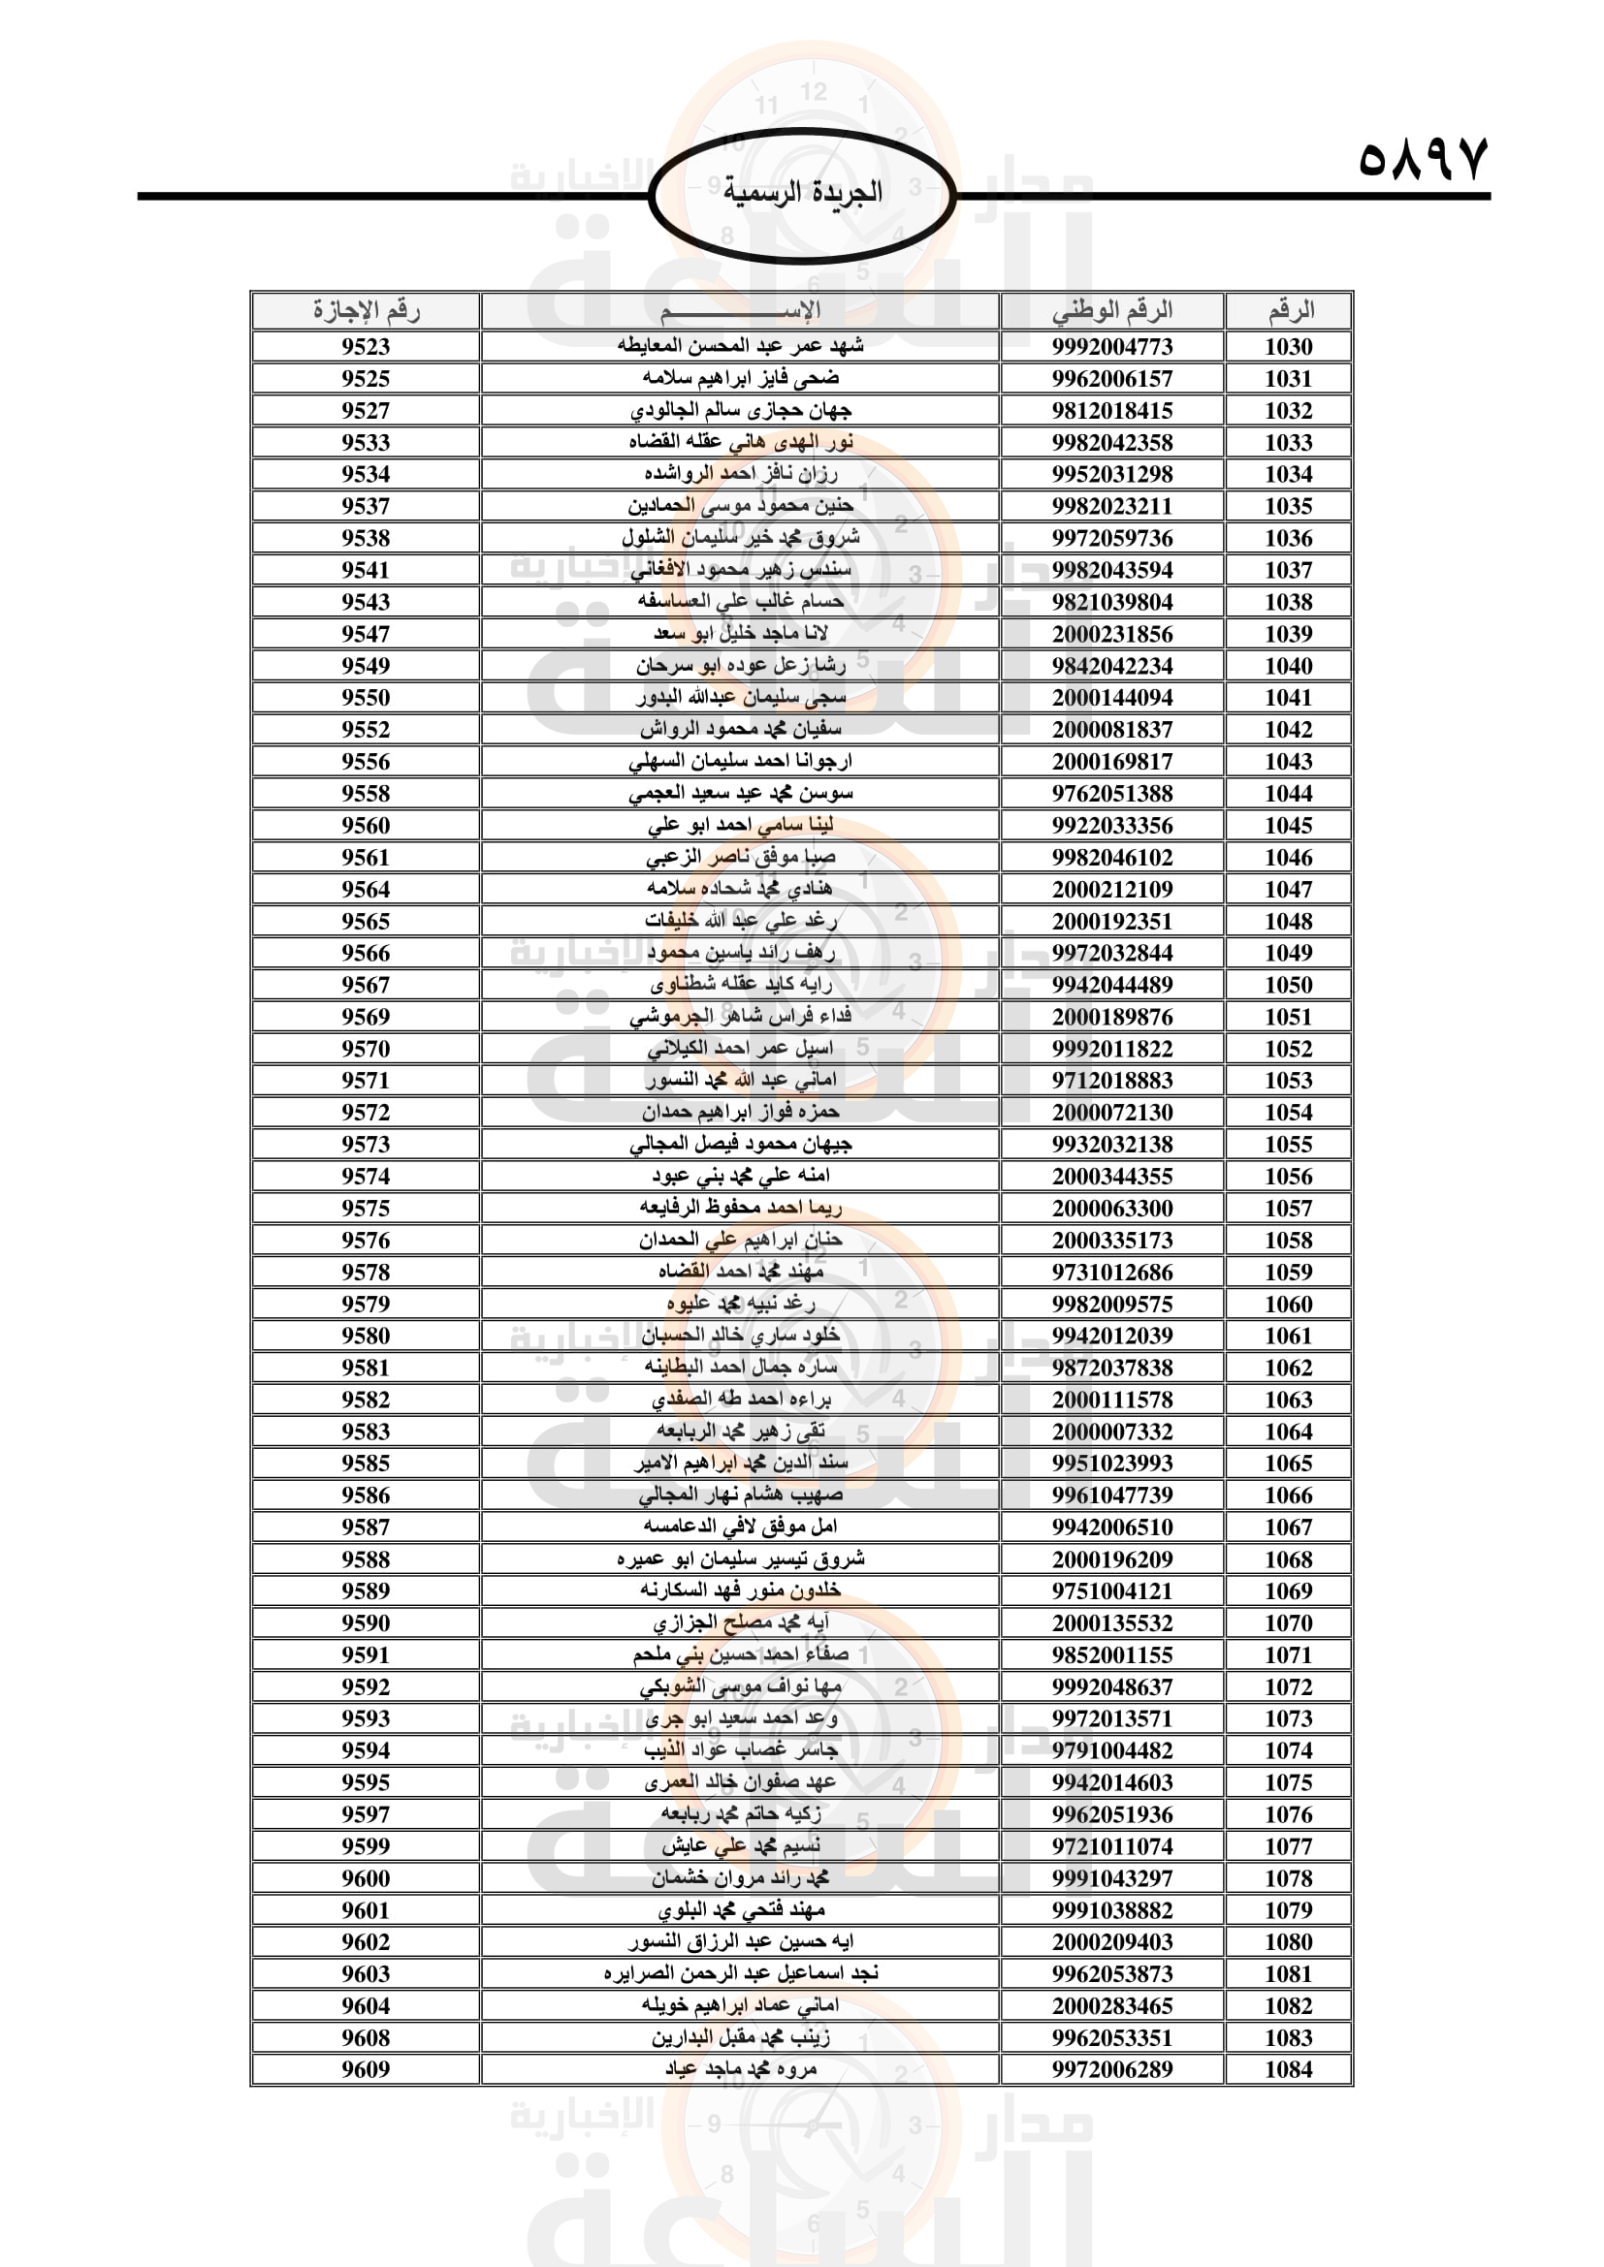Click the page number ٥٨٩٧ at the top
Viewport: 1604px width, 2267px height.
(1423, 158)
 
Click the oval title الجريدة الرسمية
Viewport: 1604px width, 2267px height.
(802, 192)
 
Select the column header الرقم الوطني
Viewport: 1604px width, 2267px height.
(1112, 310)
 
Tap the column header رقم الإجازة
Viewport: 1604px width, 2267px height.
(366, 310)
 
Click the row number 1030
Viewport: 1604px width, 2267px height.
(1288, 347)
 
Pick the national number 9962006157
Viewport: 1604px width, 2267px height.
(1112, 378)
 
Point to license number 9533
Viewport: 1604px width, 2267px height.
(366, 442)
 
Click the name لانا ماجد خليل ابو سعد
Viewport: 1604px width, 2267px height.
(741, 633)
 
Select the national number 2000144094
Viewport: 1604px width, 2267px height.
(1112, 697)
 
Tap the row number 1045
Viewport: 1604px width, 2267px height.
(1288, 826)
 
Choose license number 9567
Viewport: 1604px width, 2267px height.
(366, 985)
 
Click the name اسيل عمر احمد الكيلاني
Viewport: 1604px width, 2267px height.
(741, 1049)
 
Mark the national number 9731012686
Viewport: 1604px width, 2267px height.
(1112, 1272)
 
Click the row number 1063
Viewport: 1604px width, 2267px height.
(1288, 1400)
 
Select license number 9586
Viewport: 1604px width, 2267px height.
(366, 1495)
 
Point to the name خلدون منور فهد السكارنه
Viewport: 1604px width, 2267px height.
(741, 1590)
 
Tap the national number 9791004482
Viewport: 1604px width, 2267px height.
(1112, 1749)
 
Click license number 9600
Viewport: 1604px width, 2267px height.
(366, 1878)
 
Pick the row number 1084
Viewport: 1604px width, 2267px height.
(1288, 2068)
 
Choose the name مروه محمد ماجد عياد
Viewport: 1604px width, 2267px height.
(741, 2068)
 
